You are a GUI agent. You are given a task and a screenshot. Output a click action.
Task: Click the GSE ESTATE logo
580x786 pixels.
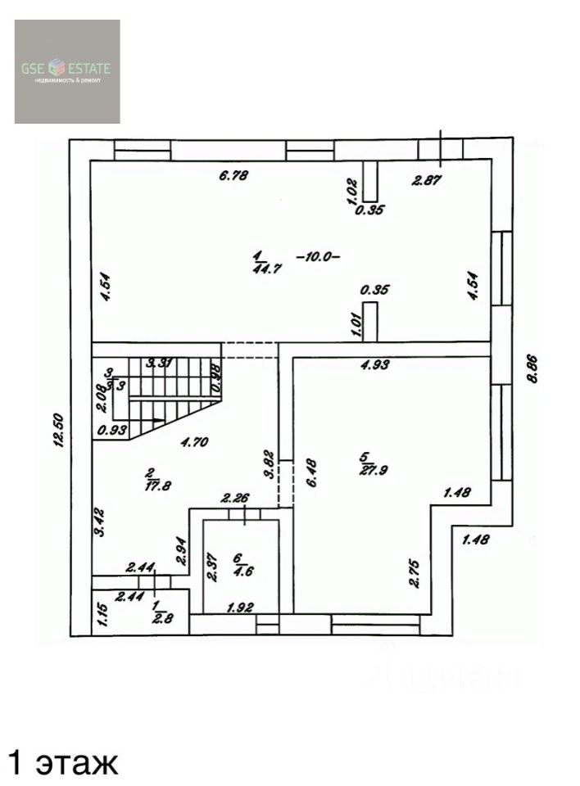[67, 71]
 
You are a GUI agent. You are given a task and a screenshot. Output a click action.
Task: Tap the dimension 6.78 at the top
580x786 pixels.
[233, 174]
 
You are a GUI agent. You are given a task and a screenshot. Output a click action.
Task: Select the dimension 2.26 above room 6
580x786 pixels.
[235, 497]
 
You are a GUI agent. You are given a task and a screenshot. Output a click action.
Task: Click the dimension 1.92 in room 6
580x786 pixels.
[239, 607]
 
